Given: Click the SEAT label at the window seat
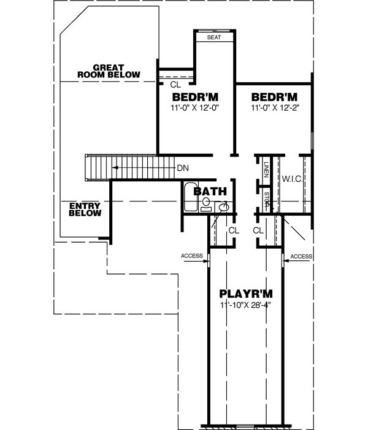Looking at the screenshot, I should [213, 37].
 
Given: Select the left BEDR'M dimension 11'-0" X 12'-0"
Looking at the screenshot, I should [195, 107].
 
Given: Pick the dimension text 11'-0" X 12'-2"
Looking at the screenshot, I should [274, 107].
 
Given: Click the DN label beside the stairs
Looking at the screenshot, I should [183, 168].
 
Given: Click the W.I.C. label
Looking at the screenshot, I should [291, 179].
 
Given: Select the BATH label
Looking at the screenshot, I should [210, 192].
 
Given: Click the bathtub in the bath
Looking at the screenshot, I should [190, 198].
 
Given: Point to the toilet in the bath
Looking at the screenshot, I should [207, 203].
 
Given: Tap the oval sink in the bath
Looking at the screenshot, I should [225, 206].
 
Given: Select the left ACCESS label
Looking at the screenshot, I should [192, 256].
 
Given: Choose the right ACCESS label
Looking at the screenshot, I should [301, 256].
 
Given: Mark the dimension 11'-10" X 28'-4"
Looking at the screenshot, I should [245, 304].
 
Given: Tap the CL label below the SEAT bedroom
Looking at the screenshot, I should [175, 85].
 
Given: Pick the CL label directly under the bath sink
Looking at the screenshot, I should [233, 230].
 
